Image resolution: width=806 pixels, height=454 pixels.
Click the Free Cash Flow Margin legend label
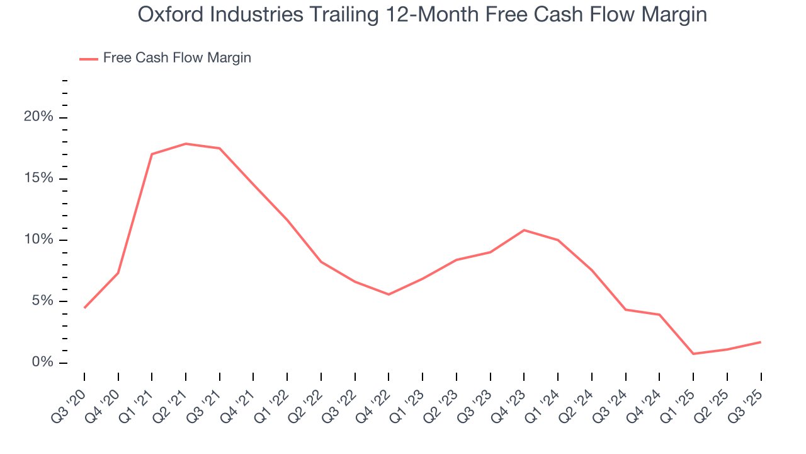coord(177,58)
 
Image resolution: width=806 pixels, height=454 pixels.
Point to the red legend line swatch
coord(89,59)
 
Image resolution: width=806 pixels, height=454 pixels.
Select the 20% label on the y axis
coord(38,117)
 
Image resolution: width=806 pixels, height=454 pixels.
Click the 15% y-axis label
coord(38,178)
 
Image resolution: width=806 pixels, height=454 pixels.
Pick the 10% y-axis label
coord(38,240)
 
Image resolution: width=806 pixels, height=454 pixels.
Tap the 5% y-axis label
coord(42,301)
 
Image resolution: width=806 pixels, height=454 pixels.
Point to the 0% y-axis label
coord(42,363)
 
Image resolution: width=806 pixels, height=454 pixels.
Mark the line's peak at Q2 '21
coord(186,144)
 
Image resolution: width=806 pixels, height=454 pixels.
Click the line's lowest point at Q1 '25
coord(693,354)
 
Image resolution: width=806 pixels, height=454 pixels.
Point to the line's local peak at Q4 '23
coord(524,230)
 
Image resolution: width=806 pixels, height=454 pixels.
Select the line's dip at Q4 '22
coord(389,294)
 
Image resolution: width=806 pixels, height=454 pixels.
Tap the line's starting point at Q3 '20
coord(84,308)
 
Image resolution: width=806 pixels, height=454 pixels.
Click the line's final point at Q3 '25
coord(761,342)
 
